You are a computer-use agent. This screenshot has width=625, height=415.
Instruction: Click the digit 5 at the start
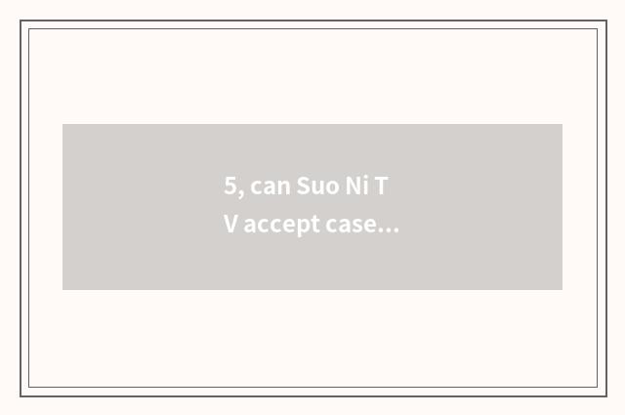click(x=229, y=187)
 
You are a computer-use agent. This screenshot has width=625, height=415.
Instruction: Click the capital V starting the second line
click(x=230, y=225)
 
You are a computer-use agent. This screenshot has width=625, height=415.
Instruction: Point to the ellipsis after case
click(x=388, y=230)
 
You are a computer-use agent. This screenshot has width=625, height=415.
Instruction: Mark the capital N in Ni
click(x=353, y=187)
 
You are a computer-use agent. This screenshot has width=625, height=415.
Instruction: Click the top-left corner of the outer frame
click(x=21, y=21)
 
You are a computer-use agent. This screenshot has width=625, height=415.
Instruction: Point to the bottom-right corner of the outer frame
click(x=606, y=395)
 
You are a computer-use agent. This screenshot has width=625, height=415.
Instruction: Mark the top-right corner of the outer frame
click(x=606, y=21)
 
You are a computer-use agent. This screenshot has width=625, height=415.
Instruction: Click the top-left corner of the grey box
click(x=62, y=124)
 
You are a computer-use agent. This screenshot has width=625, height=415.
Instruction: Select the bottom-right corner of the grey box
click(x=562, y=290)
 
